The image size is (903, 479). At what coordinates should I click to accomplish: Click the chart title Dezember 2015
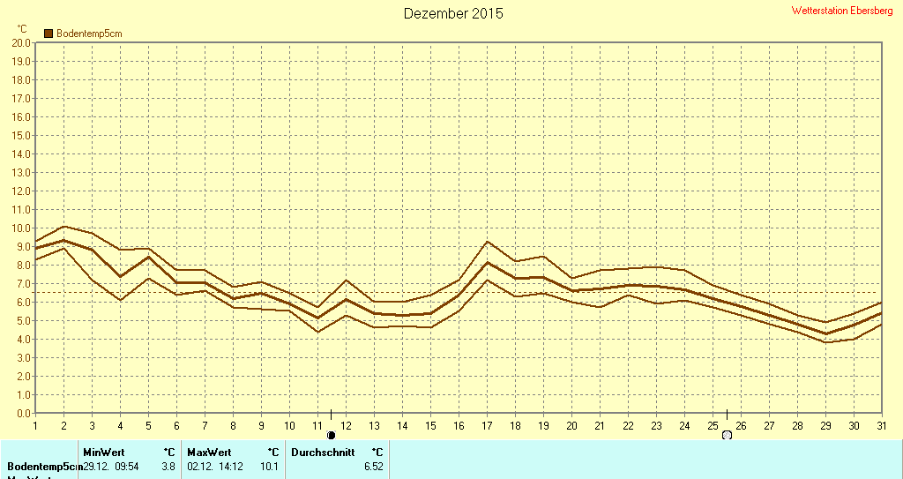coord(453,13)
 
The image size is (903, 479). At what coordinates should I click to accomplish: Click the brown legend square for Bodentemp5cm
coord(49,34)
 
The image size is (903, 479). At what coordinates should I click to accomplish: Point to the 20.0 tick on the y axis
coord(22,42)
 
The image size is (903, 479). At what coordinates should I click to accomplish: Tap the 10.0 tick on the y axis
coord(22,228)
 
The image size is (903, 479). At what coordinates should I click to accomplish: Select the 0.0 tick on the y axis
coord(24,413)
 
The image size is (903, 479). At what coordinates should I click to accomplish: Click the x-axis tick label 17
coord(487,425)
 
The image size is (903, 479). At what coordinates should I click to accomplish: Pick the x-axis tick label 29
coord(825,425)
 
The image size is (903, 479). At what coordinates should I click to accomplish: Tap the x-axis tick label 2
coord(63,425)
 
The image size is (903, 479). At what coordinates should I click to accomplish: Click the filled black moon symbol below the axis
coord(332,435)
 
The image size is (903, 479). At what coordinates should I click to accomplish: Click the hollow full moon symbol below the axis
coord(727,435)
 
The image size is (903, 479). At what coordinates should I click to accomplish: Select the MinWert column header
coord(104,452)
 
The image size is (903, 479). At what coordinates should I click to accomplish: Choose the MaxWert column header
coord(208,452)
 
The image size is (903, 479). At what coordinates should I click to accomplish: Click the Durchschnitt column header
coord(323,452)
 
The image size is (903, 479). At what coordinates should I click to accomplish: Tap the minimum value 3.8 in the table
coord(168,466)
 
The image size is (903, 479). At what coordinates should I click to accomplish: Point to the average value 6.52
coord(373,466)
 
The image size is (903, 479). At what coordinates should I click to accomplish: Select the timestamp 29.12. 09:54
coord(111,466)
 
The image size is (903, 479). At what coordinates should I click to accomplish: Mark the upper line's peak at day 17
coord(487,242)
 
